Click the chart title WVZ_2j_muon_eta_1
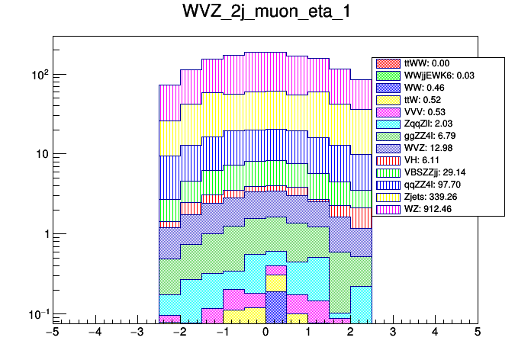265,14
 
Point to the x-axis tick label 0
265,333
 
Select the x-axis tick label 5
477,333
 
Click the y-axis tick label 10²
39,75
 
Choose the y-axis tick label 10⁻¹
38,313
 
